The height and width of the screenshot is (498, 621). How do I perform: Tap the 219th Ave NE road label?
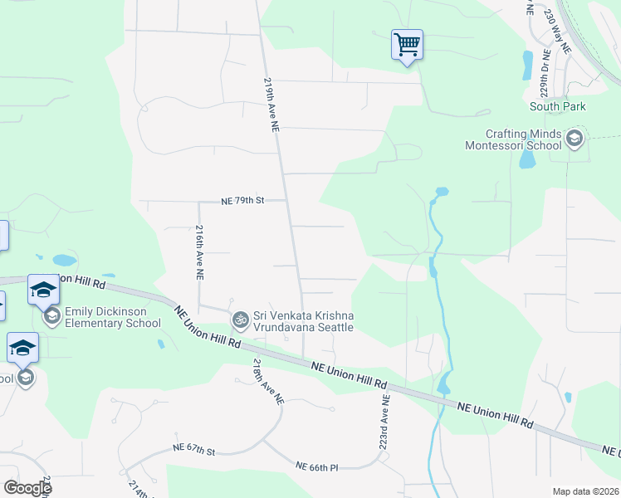click(x=271, y=106)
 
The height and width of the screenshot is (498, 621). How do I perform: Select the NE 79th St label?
click(x=242, y=201)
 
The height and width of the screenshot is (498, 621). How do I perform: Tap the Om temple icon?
click(x=241, y=319)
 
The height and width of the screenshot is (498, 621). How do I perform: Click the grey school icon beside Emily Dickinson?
click(x=52, y=316)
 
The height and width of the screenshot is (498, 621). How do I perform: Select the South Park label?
click(x=558, y=106)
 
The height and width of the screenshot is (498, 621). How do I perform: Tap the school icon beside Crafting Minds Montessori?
click(x=574, y=139)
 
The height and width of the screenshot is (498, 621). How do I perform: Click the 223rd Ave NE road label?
click(x=385, y=421)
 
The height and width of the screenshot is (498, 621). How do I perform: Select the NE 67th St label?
click(x=195, y=449)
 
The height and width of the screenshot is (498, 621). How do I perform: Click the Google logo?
click(x=27, y=487)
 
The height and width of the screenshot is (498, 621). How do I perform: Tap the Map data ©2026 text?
click(x=584, y=491)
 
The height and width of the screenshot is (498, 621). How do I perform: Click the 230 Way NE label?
click(x=558, y=32)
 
